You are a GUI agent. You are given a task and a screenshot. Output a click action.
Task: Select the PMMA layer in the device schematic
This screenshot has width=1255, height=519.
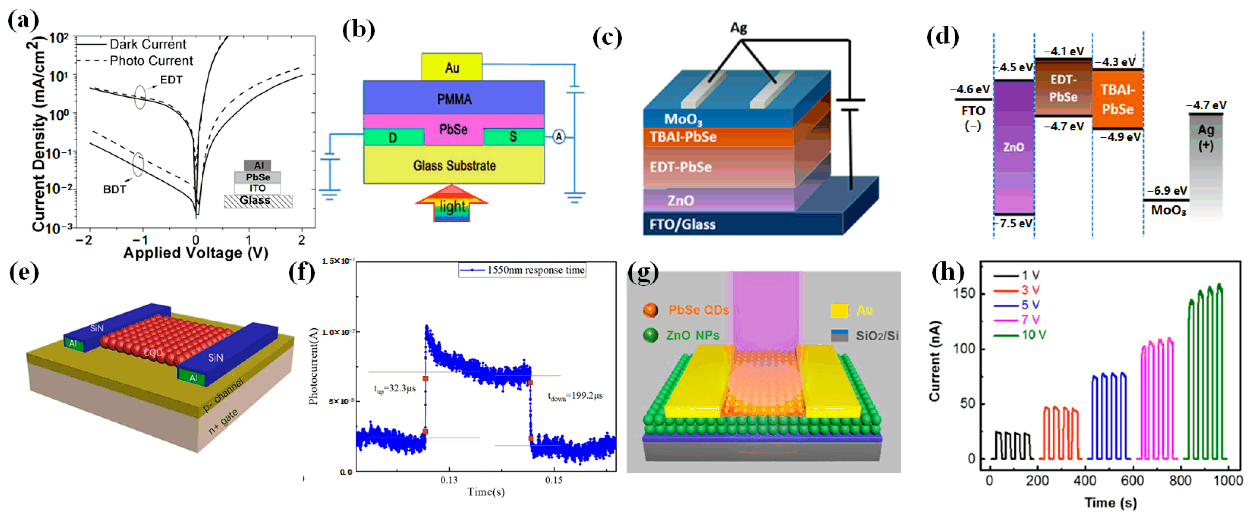454,99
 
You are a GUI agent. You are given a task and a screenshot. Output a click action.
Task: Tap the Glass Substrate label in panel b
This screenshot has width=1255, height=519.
454,166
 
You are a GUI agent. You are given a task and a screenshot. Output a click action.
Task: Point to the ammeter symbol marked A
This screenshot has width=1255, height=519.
559,137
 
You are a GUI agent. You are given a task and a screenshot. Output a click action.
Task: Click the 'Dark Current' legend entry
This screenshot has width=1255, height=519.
147,44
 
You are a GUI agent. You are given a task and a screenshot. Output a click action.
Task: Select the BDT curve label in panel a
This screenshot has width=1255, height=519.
115,189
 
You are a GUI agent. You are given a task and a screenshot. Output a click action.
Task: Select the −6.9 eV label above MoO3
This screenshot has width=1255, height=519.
1167,191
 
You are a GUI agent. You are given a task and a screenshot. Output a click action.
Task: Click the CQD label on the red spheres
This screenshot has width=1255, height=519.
153,352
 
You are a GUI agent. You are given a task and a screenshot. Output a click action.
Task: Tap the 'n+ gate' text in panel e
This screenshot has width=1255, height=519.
223,421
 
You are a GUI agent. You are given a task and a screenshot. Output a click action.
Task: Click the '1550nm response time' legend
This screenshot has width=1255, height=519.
535,270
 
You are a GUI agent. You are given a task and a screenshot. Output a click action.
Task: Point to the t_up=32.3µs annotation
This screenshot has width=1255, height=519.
395,388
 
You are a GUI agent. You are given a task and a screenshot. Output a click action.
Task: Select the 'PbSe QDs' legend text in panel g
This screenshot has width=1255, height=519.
698,310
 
